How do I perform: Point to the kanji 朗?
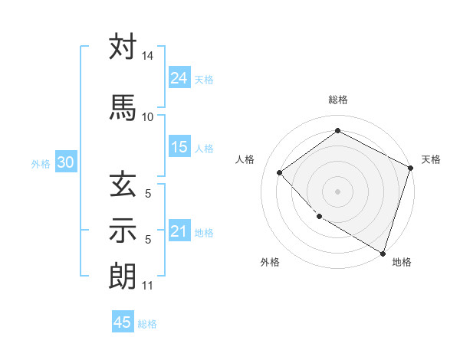click(x=123, y=276)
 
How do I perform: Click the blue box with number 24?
click(x=179, y=78)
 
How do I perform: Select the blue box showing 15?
click(x=179, y=147)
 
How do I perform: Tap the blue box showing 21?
click(x=179, y=231)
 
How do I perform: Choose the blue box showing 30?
click(x=65, y=162)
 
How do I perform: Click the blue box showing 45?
click(x=123, y=322)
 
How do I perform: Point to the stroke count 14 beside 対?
click(x=147, y=57)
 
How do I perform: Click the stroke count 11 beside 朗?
click(x=147, y=286)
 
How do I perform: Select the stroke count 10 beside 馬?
click(x=147, y=116)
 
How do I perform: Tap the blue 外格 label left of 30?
click(x=41, y=163)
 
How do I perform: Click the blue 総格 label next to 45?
click(x=147, y=324)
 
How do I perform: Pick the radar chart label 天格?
click(x=431, y=159)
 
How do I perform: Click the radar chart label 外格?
click(x=270, y=262)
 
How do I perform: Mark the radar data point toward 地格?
click(x=383, y=253)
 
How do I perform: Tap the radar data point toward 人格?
click(x=280, y=172)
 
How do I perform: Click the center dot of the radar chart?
click(x=337, y=191)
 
